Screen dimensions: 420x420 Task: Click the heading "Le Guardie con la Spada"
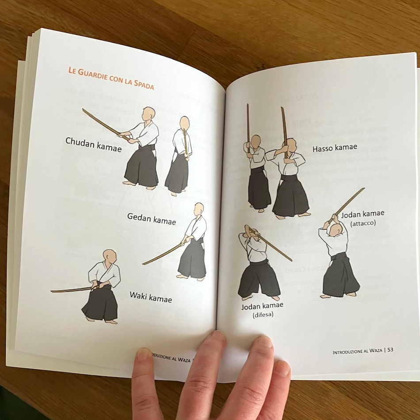pos(111,78)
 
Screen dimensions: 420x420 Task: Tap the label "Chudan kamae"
pos(93,144)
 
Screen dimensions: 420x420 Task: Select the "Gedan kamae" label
pos(152,218)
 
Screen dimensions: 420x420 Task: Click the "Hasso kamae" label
pos(335,149)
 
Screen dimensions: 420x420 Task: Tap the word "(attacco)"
pos(363,223)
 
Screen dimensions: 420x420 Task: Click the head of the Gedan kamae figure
pos(199,209)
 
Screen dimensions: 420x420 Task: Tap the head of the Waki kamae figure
pos(109,256)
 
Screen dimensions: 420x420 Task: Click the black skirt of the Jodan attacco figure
pos(340,276)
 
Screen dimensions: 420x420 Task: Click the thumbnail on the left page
pos(144,354)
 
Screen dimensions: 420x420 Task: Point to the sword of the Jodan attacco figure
pos(350,202)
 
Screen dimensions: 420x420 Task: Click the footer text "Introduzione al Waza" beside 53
pos(357,351)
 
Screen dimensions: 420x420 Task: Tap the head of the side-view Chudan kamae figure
pos(149,113)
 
